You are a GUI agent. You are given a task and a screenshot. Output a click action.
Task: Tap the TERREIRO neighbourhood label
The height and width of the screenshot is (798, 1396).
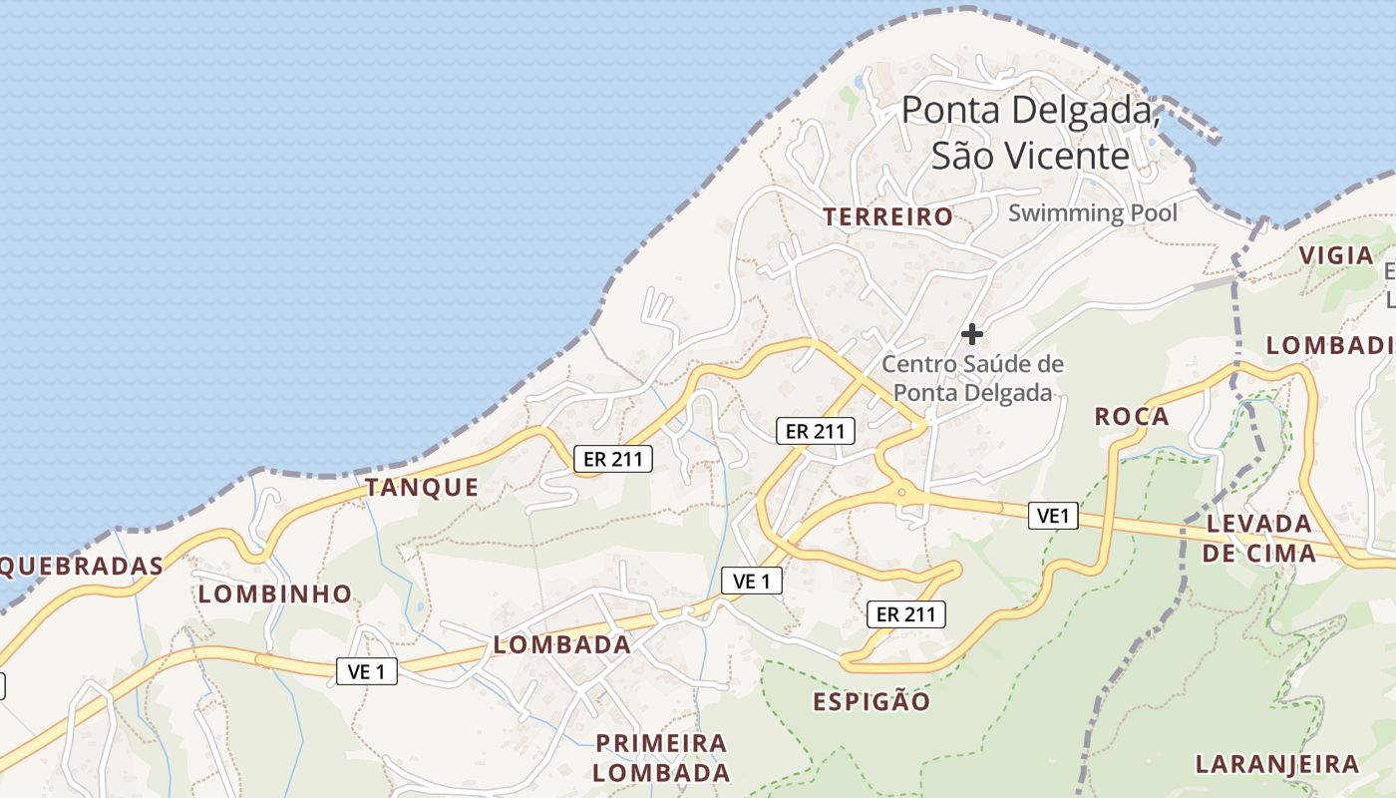click(x=887, y=216)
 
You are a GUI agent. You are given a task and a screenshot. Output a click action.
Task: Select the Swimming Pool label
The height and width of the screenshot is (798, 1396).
click(x=1092, y=212)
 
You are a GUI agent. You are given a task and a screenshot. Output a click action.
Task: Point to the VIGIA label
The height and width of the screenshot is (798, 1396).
click(x=1336, y=255)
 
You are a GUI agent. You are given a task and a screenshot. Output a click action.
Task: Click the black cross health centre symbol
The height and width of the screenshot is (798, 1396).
click(x=971, y=334)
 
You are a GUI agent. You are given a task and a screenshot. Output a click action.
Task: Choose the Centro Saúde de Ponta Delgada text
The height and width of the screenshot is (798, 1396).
click(x=971, y=378)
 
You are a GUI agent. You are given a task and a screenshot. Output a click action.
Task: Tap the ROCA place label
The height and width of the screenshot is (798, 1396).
click(x=1132, y=417)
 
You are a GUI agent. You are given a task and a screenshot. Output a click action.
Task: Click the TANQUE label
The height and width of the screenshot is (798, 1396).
click(x=422, y=488)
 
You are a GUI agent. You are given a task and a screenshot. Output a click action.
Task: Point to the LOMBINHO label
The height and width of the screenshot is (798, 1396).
click(x=275, y=595)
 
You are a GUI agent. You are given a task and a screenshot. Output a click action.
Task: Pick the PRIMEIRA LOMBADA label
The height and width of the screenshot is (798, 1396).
click(x=661, y=758)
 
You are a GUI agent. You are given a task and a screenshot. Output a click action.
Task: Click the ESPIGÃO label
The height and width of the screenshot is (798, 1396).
click(x=872, y=702)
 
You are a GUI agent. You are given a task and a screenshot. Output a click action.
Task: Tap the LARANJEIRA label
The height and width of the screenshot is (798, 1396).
click(x=1276, y=765)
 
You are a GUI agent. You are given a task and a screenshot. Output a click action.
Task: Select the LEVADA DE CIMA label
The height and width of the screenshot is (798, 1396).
click(x=1258, y=538)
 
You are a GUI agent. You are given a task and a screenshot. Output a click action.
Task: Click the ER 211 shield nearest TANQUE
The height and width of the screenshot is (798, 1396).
click(x=613, y=459)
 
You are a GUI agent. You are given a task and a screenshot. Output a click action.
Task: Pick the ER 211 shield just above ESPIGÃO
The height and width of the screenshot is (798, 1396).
click(x=905, y=614)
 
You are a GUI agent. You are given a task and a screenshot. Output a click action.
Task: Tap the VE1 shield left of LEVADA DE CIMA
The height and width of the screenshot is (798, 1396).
click(x=1054, y=516)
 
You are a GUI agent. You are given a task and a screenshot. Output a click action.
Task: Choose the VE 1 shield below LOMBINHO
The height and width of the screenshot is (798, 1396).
click(x=366, y=672)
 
